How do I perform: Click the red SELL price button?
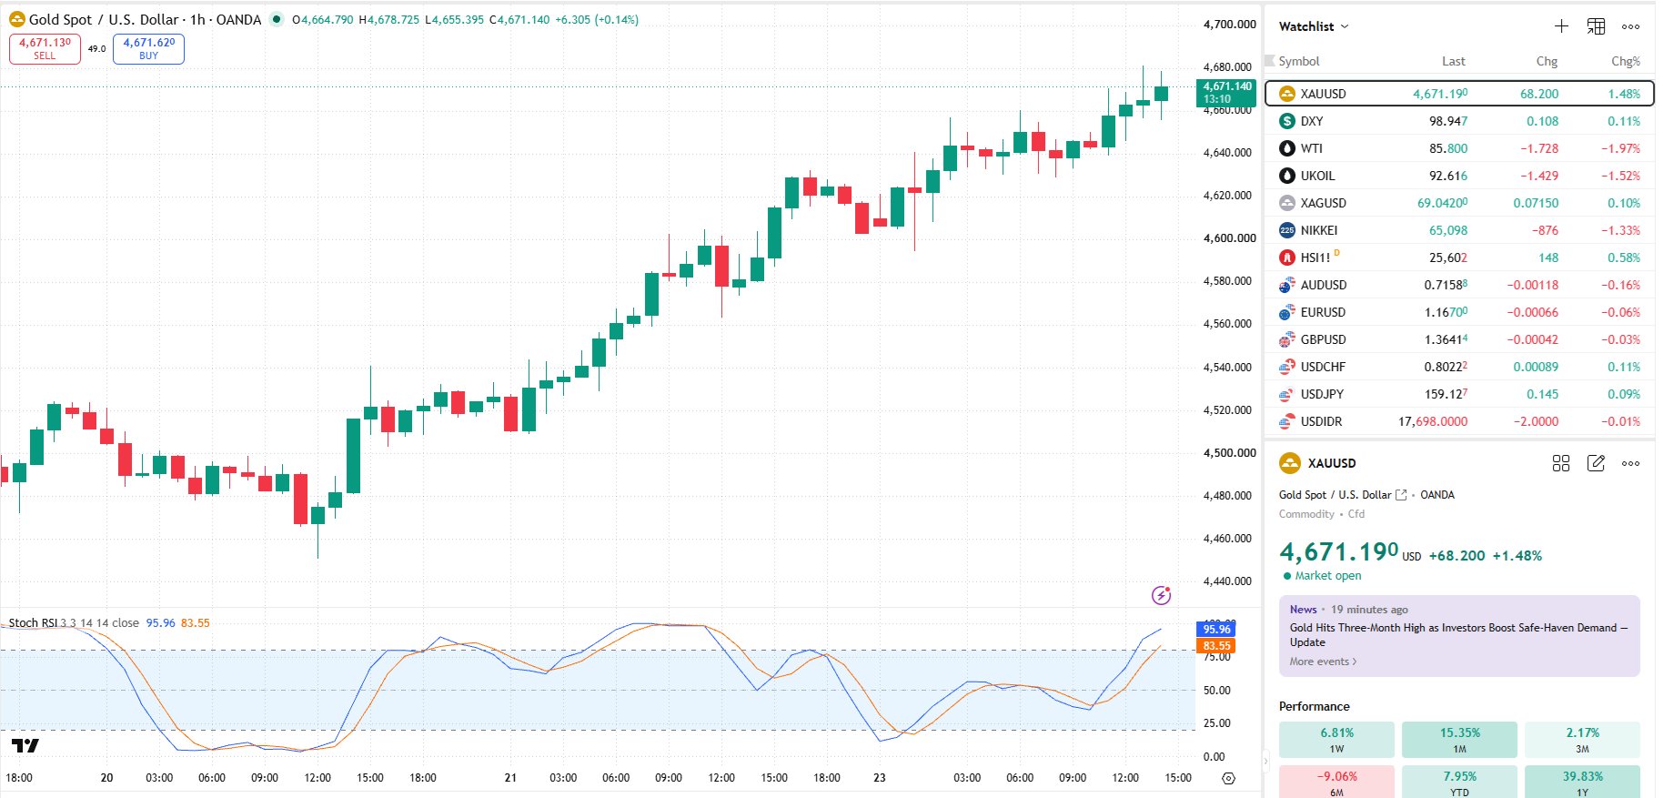click(x=45, y=49)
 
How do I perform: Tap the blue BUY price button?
click(x=148, y=49)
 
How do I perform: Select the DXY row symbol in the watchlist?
click(x=1311, y=121)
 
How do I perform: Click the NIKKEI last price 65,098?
click(x=1447, y=230)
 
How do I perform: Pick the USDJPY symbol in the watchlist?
click(x=1322, y=394)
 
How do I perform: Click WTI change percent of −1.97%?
click(x=1620, y=148)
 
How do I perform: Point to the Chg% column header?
click(x=1626, y=61)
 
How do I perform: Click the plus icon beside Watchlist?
click(x=1561, y=26)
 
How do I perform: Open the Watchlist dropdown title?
click(x=1314, y=26)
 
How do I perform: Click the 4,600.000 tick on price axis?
click(x=1229, y=238)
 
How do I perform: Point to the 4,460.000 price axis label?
click(x=1229, y=539)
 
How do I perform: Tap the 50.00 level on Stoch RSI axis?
click(x=1216, y=691)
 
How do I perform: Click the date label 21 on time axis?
click(x=510, y=778)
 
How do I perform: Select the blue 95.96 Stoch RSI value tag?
click(x=1216, y=629)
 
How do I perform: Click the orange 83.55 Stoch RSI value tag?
click(x=1216, y=646)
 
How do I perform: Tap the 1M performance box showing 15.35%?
click(x=1459, y=740)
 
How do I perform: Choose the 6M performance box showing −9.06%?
click(x=1336, y=782)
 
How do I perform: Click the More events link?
click(x=1323, y=662)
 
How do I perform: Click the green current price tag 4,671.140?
click(x=1226, y=93)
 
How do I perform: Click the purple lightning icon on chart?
click(x=1161, y=595)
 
